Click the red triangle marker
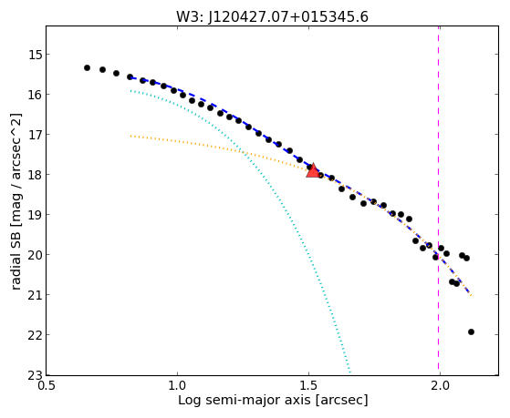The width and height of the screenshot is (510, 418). coord(313,171)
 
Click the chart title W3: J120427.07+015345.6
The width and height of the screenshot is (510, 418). coord(272,17)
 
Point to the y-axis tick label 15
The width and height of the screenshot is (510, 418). coord(35,55)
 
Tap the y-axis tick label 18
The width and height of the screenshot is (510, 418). coord(35,175)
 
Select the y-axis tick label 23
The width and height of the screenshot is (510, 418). coord(35,375)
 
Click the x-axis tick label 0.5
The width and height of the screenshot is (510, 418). coord(47,387)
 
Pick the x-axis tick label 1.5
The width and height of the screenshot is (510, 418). coord(308,387)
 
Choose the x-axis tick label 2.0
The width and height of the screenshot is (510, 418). coord(440,387)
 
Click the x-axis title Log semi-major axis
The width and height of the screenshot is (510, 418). coord(245,401)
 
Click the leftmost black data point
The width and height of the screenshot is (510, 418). coord(87,68)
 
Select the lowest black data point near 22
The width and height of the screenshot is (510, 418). coord(471,331)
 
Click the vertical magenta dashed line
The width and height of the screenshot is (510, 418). coord(439,200)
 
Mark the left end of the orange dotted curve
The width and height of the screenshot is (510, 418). coord(130,136)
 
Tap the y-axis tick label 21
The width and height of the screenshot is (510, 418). coord(35,294)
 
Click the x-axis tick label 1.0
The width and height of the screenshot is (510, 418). coord(177,387)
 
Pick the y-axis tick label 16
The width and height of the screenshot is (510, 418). coord(35,95)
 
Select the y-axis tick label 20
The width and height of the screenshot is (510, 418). coord(35,255)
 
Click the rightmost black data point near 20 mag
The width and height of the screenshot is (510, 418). coord(466,259)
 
